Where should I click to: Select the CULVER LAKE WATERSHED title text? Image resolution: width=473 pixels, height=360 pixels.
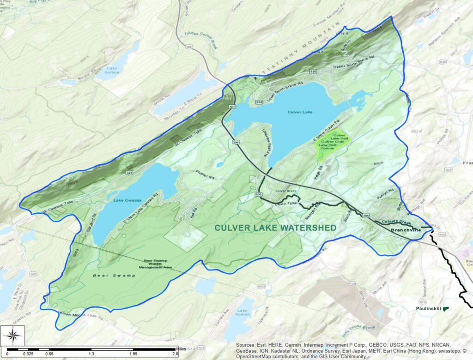(275, 228)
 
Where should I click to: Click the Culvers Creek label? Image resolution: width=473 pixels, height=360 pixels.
(393, 222)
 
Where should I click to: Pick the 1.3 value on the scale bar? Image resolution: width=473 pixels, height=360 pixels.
(92, 354)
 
